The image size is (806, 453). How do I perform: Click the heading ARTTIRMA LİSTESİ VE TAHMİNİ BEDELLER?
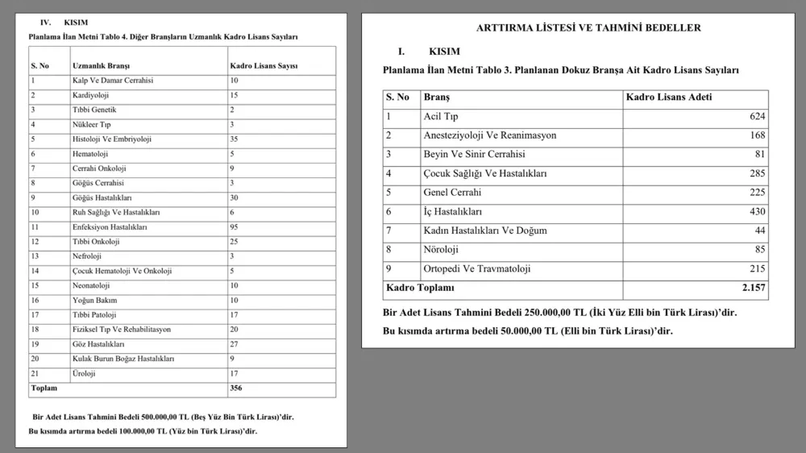pyautogui.click(x=588, y=27)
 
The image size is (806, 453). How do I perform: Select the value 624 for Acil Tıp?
pyautogui.click(x=757, y=117)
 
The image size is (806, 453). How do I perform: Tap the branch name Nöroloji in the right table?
pyautogui.click(x=442, y=250)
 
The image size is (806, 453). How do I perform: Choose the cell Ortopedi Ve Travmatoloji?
pyautogui.click(x=477, y=268)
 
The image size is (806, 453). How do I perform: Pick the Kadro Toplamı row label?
pyautogui.click(x=420, y=288)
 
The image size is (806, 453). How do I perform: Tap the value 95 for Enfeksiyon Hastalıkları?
pyautogui.click(x=235, y=227)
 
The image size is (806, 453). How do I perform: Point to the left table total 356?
pyautogui.click(x=236, y=388)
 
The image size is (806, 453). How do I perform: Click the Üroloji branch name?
pyautogui.click(x=85, y=373)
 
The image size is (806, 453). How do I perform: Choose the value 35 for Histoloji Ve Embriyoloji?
pyautogui.click(x=235, y=139)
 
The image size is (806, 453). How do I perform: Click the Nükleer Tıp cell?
pyautogui.click(x=91, y=124)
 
